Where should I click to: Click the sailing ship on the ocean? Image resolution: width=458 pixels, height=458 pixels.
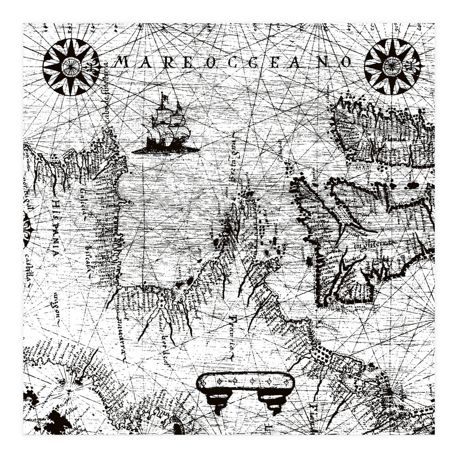(167, 126)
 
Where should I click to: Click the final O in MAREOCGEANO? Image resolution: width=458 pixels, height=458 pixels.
(345, 61)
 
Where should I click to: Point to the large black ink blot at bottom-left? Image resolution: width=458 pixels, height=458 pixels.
(57, 420)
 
